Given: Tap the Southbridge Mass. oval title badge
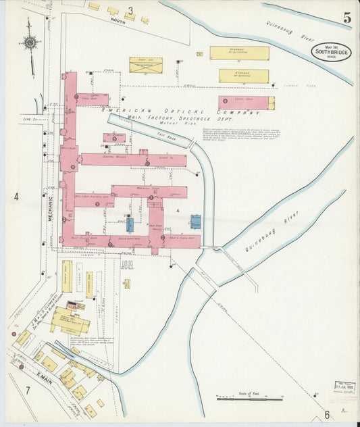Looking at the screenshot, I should tap(331, 52).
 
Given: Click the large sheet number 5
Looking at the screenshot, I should tap(346, 19).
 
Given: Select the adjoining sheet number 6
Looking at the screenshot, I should tap(326, 415).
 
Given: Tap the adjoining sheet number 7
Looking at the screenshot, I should tap(28, 390).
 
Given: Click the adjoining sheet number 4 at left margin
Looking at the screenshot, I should tap(16, 197).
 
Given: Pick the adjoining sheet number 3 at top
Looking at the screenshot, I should tap(130, 11).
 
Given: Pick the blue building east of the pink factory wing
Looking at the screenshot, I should tap(195, 222).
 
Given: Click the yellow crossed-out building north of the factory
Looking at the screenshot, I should tap(146, 65).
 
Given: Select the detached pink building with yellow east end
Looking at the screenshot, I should tap(247, 103).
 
